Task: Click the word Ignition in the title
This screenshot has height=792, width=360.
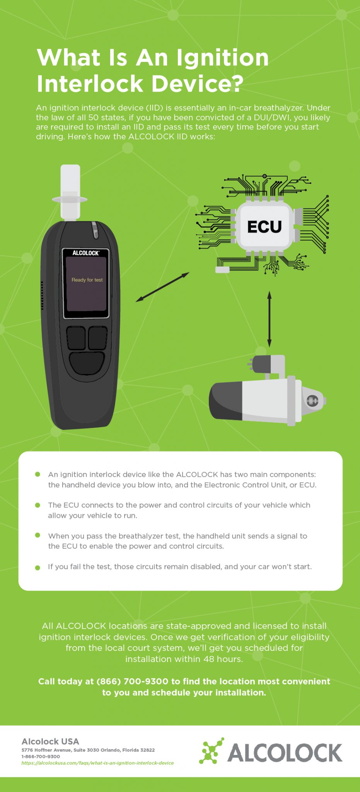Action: (222, 58)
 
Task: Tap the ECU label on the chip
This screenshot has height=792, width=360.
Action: (264, 227)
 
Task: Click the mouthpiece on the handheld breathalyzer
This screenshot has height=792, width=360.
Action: (70, 191)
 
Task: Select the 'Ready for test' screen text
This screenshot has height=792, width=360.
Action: (87, 280)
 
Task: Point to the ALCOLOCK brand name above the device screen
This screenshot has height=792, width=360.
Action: (86, 253)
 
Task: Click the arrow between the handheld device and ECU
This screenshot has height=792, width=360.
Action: (162, 287)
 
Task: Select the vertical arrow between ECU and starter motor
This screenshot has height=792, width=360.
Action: (270, 319)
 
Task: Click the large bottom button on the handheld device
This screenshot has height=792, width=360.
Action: (87, 362)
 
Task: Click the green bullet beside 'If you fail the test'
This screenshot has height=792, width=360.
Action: (38, 567)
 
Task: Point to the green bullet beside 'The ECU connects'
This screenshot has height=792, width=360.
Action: (38, 505)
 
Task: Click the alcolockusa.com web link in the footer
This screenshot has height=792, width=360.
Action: (97, 763)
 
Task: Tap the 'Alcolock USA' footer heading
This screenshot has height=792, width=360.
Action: (50, 741)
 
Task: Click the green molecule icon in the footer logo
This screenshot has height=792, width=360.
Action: (212, 751)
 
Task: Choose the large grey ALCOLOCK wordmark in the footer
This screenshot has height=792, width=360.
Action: (285, 753)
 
